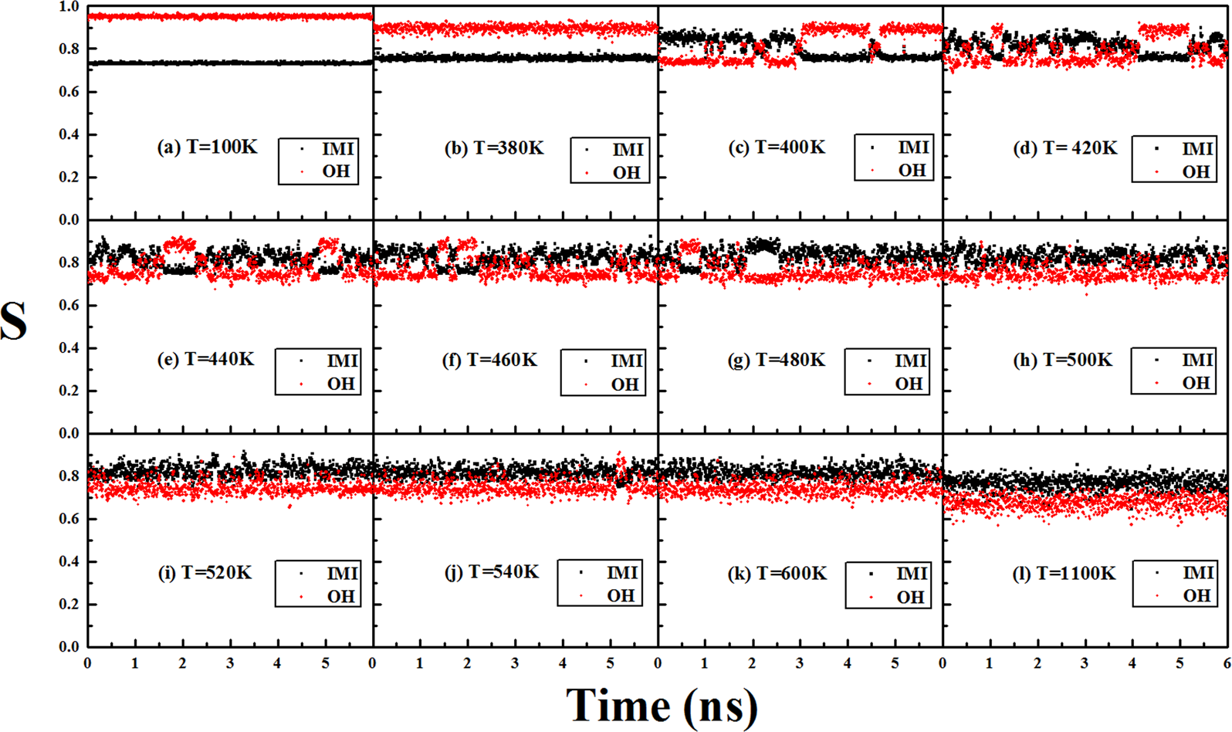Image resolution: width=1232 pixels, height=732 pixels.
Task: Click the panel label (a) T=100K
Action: (207, 147)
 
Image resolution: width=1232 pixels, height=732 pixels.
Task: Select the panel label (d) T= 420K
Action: (1064, 147)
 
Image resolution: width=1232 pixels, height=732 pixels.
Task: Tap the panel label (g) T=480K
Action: (777, 360)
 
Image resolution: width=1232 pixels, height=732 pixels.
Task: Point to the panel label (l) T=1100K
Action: (1064, 573)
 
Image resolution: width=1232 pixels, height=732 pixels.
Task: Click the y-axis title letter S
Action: (14, 321)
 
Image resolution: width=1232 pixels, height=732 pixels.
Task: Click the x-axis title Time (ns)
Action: (662, 706)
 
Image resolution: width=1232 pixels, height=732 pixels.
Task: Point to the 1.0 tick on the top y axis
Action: (69, 7)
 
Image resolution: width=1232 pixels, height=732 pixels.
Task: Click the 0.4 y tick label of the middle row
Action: (69, 348)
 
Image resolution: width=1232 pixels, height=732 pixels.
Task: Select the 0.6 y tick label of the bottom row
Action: (69, 519)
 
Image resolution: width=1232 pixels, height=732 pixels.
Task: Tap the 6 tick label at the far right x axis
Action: (1226, 663)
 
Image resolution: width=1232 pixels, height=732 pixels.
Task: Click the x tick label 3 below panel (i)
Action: (230, 663)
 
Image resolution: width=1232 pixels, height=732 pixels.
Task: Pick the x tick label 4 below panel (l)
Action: (1132, 663)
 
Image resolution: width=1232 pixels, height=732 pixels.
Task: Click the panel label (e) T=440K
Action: (207, 360)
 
